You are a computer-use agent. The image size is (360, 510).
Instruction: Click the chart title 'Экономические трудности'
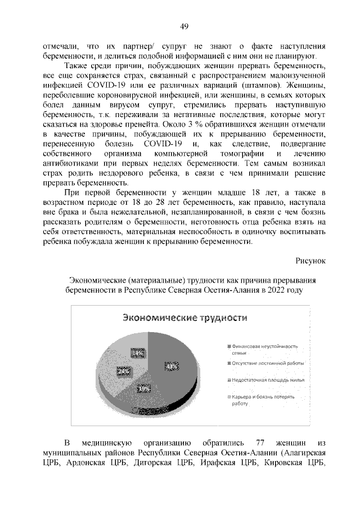[x=185, y=317]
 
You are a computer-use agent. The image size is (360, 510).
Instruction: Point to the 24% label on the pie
[x=124, y=371]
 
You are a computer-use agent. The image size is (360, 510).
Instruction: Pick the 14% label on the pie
[x=137, y=353]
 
